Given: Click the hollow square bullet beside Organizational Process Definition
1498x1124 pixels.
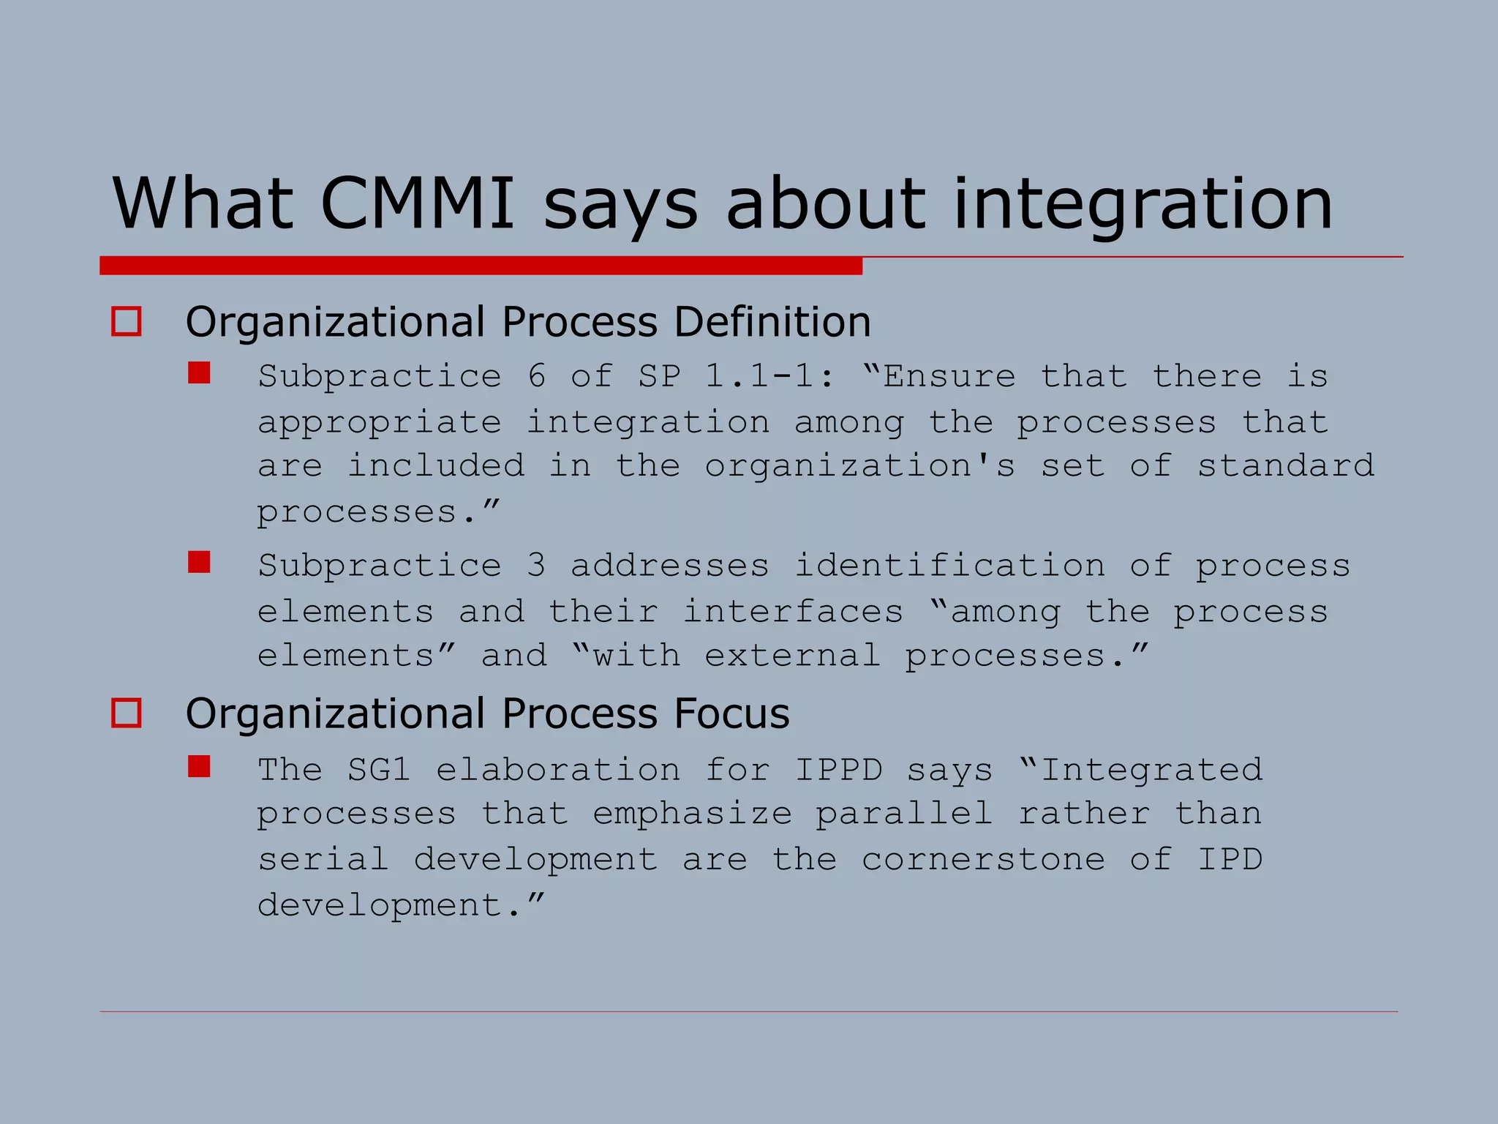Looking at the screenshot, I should pyautogui.click(x=126, y=322).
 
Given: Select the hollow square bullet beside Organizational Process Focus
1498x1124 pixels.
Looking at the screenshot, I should pyautogui.click(x=126, y=713).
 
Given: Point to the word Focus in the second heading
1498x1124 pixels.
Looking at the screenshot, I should pyautogui.click(x=731, y=713).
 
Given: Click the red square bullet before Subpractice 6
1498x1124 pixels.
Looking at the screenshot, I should pyautogui.click(x=199, y=373).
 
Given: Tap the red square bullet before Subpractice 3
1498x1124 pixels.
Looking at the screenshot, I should pyautogui.click(x=199, y=562).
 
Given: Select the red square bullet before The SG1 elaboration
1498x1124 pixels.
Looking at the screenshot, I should pyautogui.click(x=199, y=766).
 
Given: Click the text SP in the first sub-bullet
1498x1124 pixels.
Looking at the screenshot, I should pyautogui.click(x=659, y=377).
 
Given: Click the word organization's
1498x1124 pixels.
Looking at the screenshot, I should pyautogui.click(x=860, y=467).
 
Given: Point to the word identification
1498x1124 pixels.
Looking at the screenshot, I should pyautogui.click(x=949, y=566).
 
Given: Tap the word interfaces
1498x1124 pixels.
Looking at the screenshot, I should pyautogui.click(x=793, y=611).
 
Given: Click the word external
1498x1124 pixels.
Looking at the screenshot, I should pyautogui.click(x=793, y=656).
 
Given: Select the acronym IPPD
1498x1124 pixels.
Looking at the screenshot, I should pyautogui.click(x=838, y=770).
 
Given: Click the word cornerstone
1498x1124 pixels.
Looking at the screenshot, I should pyautogui.click(x=983, y=860).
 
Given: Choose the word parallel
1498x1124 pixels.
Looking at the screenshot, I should pyautogui.click(x=904, y=814).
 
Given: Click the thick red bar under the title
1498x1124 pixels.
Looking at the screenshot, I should pyautogui.click(x=481, y=266).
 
